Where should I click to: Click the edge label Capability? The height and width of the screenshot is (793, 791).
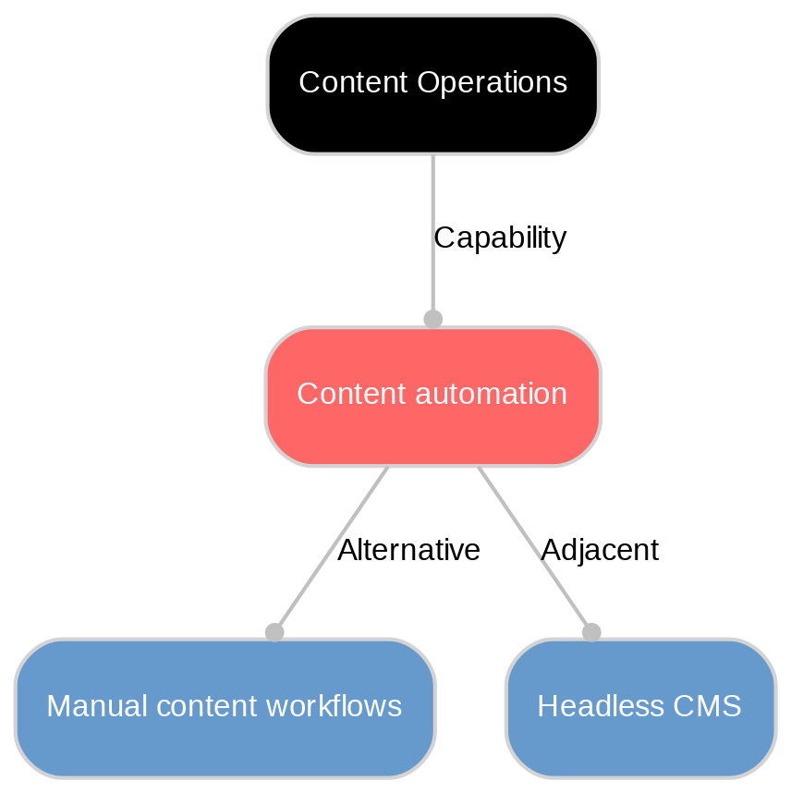499,238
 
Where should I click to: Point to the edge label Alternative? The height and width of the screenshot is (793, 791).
408,551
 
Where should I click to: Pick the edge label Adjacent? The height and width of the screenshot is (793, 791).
599,551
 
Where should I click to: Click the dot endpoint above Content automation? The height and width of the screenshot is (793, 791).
432,319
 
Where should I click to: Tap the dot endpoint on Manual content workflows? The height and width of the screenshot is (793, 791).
274,632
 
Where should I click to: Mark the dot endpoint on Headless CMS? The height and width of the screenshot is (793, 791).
591,632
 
